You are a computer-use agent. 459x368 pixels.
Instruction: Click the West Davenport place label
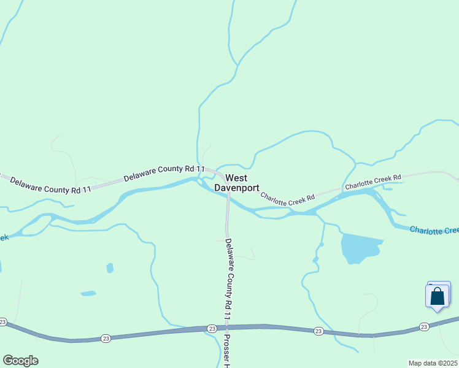(236, 182)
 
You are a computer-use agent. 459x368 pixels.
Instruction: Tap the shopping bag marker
(437, 296)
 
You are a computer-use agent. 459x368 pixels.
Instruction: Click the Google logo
(20, 361)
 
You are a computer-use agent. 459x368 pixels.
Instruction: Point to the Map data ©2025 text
(433, 363)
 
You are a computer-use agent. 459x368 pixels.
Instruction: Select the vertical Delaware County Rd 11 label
(229, 279)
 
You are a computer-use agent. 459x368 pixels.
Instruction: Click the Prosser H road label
(226, 351)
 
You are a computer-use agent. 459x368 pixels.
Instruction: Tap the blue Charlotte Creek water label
(434, 230)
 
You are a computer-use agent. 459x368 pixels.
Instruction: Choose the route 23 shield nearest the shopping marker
(424, 327)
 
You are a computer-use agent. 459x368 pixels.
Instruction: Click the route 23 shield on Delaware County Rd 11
(211, 328)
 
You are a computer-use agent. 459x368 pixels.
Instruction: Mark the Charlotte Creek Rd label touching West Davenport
(287, 197)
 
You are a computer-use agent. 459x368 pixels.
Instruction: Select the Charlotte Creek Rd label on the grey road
(372, 181)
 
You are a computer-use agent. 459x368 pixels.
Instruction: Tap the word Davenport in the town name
(236, 188)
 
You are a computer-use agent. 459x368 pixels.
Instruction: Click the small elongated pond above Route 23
(88, 293)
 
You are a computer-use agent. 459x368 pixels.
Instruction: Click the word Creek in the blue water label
(449, 231)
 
